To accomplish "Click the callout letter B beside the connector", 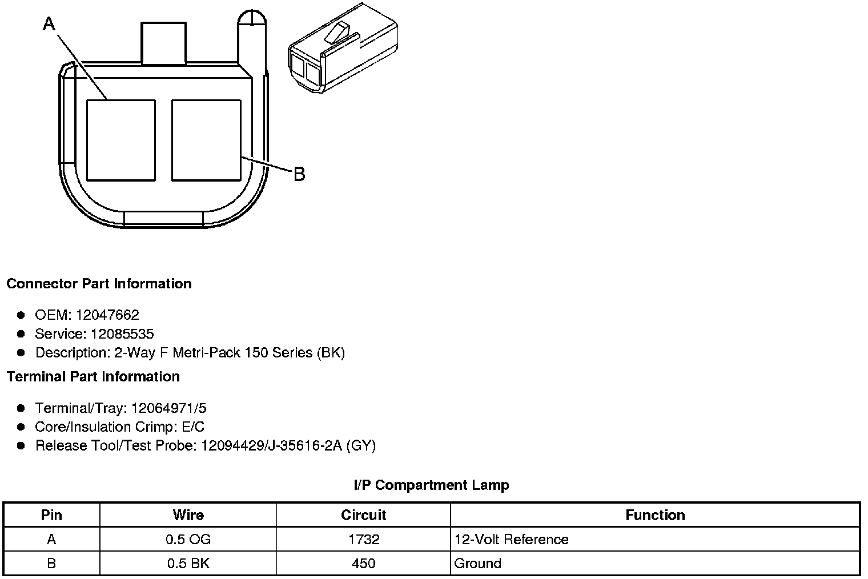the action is (x=300, y=174).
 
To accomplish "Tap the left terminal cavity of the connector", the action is (x=121, y=140).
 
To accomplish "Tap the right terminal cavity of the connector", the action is (x=206, y=140).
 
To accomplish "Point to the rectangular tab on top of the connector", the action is (x=163, y=43).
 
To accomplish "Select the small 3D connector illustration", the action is (x=343, y=49).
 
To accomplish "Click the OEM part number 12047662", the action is (x=107, y=315).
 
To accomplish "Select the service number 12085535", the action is (x=122, y=334).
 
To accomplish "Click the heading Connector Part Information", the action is (x=99, y=284).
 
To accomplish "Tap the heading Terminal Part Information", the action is (x=94, y=377).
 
